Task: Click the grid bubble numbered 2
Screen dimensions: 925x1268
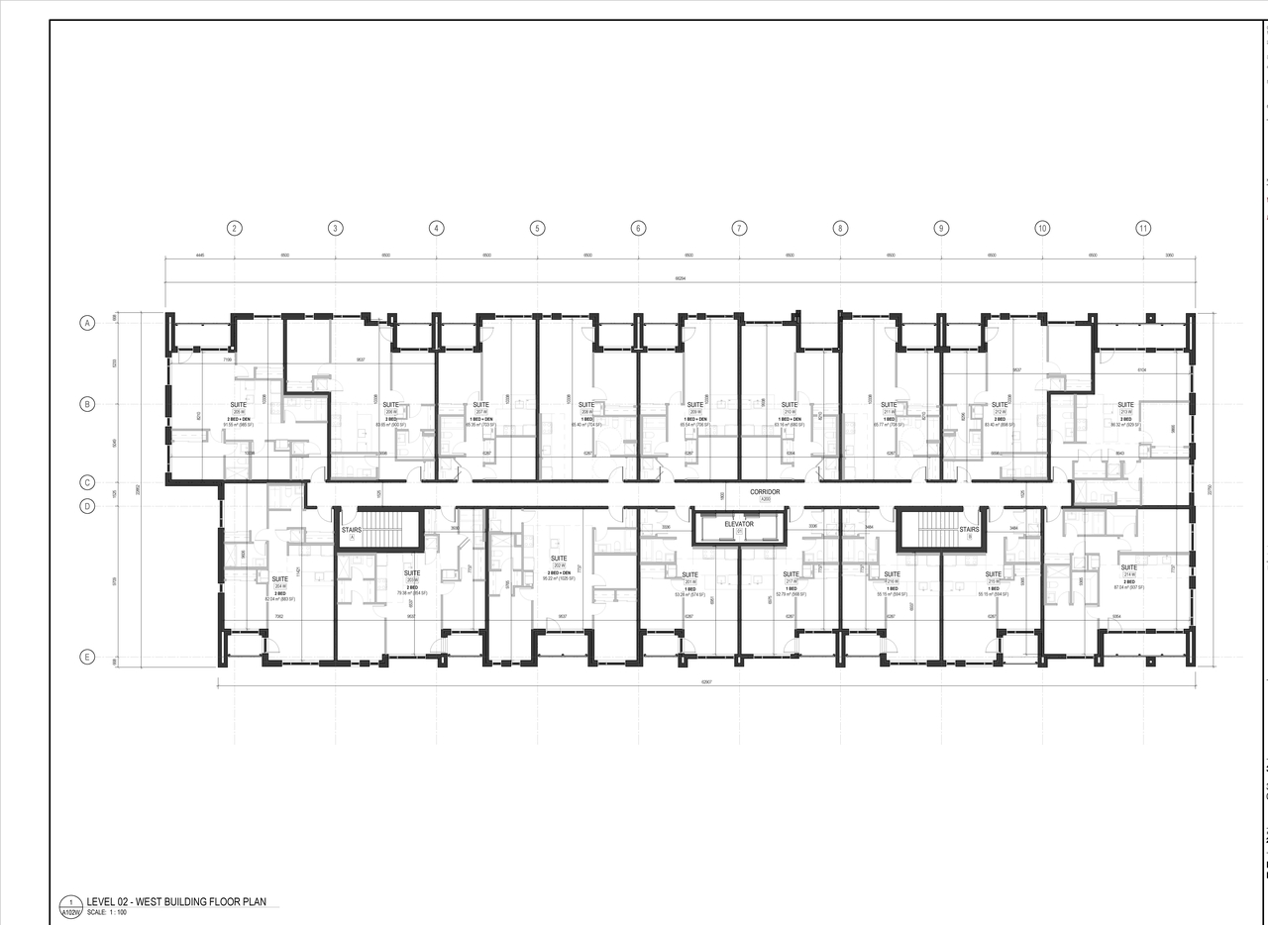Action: coord(235,228)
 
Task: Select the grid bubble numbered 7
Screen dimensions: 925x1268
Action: coord(739,228)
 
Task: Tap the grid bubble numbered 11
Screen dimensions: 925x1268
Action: coord(1143,228)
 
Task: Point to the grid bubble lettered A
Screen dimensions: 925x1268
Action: coord(87,323)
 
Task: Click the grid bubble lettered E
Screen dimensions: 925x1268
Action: coord(87,657)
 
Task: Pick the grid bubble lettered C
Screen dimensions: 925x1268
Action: coord(87,483)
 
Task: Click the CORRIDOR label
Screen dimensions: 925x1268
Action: coord(765,492)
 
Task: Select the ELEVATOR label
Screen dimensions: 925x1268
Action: coord(739,524)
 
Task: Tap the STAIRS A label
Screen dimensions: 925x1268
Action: coord(352,531)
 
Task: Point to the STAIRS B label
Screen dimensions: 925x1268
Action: coord(969,530)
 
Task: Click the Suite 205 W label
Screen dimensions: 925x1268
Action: coord(238,405)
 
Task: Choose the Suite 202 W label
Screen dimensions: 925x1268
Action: coord(560,559)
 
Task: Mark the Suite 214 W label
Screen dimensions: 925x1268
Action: coord(1128,567)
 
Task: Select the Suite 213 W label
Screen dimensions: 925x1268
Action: coord(1126,405)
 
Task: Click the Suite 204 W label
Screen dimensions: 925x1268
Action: coord(279,579)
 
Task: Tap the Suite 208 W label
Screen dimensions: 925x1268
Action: coord(587,405)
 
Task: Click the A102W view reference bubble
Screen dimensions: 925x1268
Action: coord(70,905)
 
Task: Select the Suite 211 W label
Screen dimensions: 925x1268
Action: coord(889,405)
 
